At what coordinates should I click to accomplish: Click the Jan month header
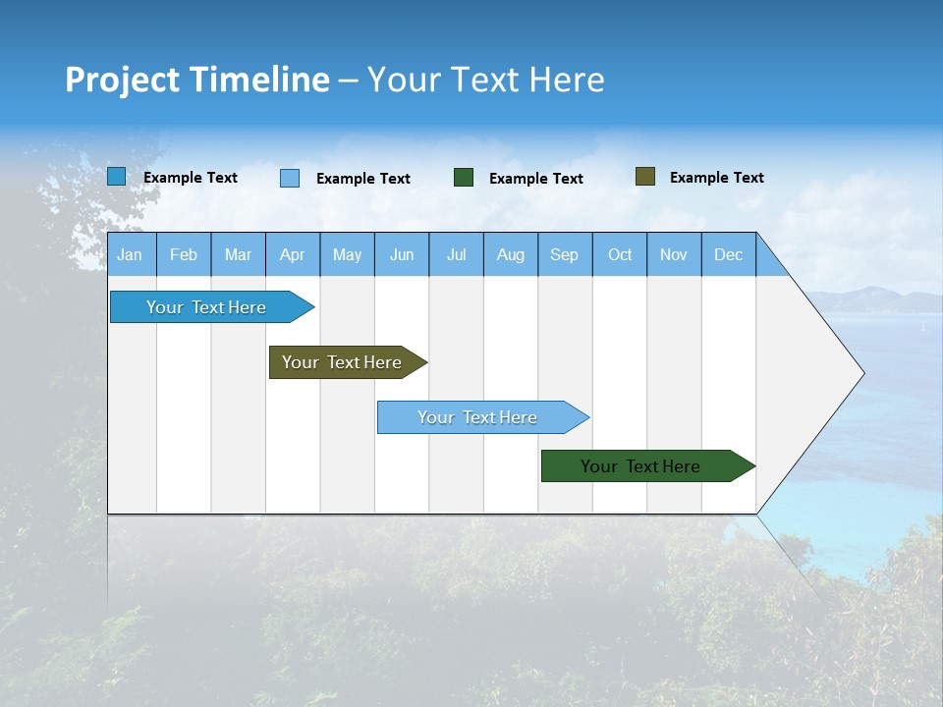click(x=130, y=254)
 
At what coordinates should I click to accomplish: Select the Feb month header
click(x=184, y=254)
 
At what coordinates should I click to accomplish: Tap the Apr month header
click(x=292, y=254)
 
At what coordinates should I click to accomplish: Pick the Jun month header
click(x=402, y=254)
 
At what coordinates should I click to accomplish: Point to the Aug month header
click(x=510, y=254)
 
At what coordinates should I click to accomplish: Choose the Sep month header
click(x=564, y=254)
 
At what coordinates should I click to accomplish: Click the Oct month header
click(x=620, y=254)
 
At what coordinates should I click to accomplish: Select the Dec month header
click(x=728, y=254)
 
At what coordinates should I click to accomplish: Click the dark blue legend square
click(x=117, y=177)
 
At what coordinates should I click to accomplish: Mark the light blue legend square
click(x=290, y=178)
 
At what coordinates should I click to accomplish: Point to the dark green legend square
click(x=464, y=177)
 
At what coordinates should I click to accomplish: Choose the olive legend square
click(x=644, y=177)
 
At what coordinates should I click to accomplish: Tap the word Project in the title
click(x=119, y=80)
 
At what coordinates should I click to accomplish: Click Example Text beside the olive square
click(x=716, y=178)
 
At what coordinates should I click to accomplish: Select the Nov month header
click(x=674, y=254)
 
